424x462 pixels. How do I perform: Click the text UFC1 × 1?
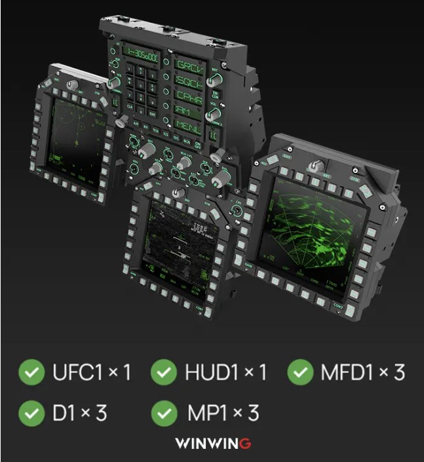[x=91, y=372]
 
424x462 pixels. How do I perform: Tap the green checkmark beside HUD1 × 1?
[x=164, y=372]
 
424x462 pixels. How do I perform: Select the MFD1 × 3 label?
[x=362, y=372]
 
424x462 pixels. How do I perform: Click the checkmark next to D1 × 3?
[x=30, y=413]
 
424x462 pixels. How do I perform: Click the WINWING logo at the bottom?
[x=212, y=444]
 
